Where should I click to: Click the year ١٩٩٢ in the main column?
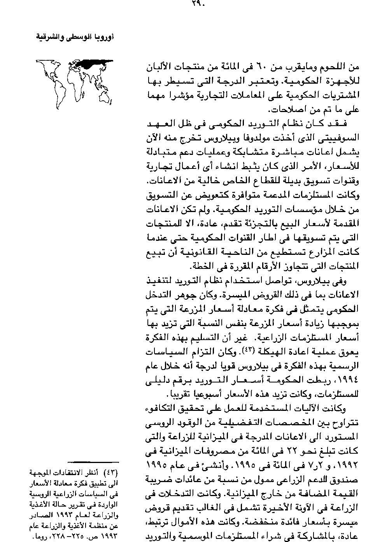coord(349,465)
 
